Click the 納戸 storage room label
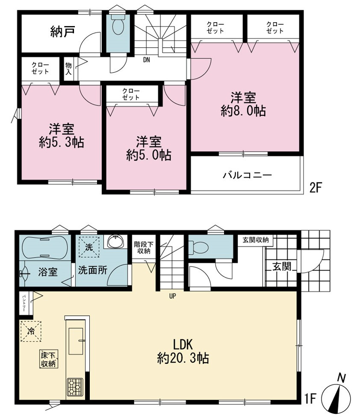click(62, 32)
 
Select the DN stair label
click(146, 60)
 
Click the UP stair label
click(172, 296)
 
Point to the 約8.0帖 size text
click(243, 111)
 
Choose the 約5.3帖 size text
click(62, 142)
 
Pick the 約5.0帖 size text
click(149, 155)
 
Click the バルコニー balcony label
click(248, 175)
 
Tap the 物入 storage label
click(68, 69)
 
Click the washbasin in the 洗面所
click(116, 242)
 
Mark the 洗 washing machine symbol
click(89, 247)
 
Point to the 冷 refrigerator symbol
click(31, 331)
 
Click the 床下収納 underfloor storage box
click(48, 359)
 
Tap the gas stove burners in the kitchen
click(75, 387)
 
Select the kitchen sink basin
click(76, 341)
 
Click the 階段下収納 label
click(144, 247)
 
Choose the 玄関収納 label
click(256, 240)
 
